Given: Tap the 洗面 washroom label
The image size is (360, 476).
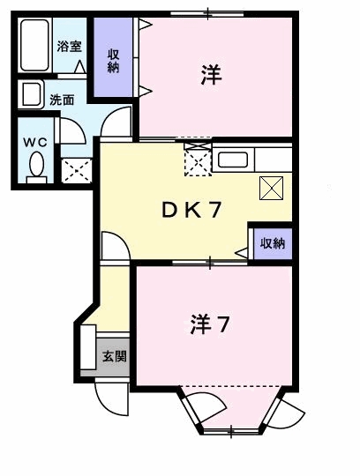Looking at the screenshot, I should click(x=61, y=100).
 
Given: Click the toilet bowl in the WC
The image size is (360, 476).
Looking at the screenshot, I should click(x=36, y=165).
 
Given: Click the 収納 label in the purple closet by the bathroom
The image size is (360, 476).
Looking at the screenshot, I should click(x=114, y=60).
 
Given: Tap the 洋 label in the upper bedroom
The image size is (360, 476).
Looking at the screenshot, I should click(x=210, y=76).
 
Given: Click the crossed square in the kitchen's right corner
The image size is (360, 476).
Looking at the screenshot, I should click(x=270, y=187).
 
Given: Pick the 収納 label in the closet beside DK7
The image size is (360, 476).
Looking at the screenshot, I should click(x=272, y=244).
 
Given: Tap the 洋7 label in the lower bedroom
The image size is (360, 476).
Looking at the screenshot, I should click(x=211, y=324).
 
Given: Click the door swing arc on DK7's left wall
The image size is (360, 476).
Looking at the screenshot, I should click(x=116, y=245).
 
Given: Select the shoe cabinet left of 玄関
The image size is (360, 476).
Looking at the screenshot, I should click(x=88, y=348).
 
